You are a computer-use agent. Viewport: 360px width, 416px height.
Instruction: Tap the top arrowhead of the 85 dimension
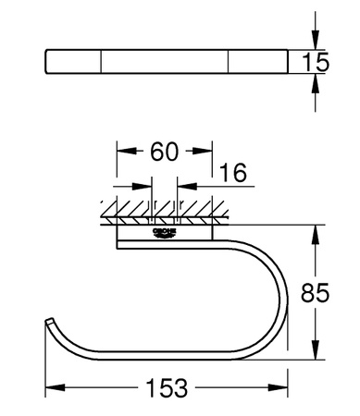tap(317, 231)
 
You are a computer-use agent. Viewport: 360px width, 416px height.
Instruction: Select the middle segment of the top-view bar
tap(164, 62)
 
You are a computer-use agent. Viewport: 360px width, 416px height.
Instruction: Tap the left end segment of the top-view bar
tap(73, 62)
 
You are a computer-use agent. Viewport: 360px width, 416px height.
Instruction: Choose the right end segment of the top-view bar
tap(255, 62)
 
